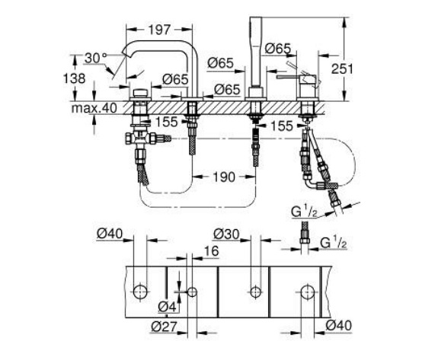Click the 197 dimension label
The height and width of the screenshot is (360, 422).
click(159, 30)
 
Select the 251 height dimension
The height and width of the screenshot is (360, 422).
click(342, 69)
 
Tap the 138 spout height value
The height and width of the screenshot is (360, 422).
click(74, 78)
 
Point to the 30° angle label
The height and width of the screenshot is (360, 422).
click(96, 58)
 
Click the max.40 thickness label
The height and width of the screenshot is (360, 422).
click(94, 108)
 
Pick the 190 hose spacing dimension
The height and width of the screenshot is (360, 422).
click(224, 177)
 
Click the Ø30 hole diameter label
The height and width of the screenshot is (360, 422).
click(226, 234)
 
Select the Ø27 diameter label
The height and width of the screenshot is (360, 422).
click(164, 327)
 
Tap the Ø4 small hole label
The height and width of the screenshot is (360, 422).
click(167, 307)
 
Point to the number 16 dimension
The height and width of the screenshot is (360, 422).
click(211, 251)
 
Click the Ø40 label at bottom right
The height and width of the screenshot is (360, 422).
click(338, 326)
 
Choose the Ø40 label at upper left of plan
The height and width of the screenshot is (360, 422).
click(110, 234)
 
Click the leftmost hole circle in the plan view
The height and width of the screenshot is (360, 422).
click(140, 292)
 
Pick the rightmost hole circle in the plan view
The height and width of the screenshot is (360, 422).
click(308, 292)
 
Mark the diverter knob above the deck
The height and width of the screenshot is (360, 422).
click(140, 93)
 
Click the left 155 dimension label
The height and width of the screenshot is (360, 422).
click(167, 122)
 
